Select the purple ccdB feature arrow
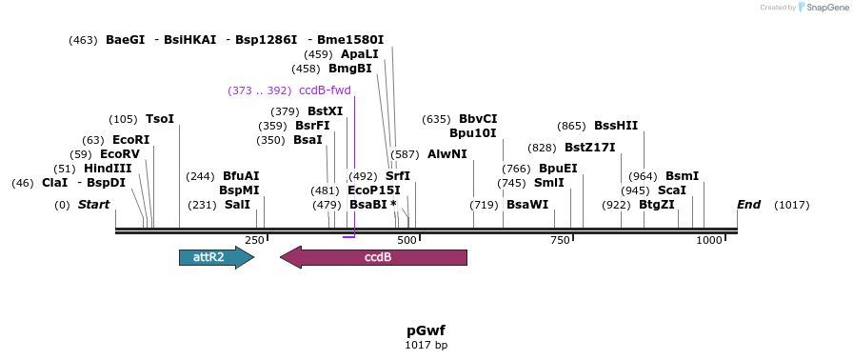(x=373, y=257)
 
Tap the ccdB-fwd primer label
(x=325, y=90)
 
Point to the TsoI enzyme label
(x=160, y=119)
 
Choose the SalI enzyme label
(x=237, y=205)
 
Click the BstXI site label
(x=325, y=111)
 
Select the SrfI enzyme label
(x=398, y=176)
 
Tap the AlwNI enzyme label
(x=447, y=154)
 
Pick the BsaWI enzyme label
(x=527, y=205)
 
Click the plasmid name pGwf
(x=426, y=330)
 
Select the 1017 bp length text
(x=426, y=345)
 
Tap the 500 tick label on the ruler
(x=407, y=241)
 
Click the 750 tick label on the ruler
(x=560, y=241)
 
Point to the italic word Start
(x=93, y=205)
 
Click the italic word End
(x=749, y=205)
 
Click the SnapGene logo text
(x=823, y=8)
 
